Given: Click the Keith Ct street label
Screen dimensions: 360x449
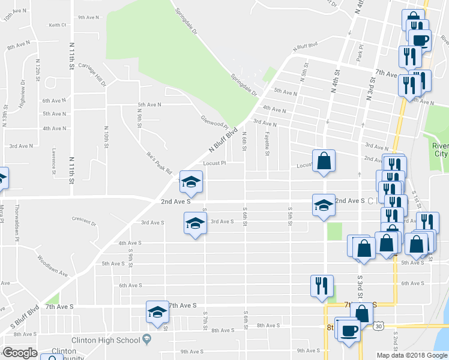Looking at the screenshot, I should click(x=57, y=25).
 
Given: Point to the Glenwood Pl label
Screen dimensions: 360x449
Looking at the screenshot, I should click(x=214, y=122).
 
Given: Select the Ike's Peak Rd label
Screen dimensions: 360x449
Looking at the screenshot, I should click(x=159, y=161).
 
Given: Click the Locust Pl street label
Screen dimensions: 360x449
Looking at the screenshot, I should click(x=214, y=163).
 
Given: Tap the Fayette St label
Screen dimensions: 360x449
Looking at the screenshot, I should click(x=267, y=142).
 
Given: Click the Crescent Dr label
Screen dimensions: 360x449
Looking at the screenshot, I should click(x=83, y=220).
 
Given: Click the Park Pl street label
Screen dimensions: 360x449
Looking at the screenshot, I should click(x=360, y=55).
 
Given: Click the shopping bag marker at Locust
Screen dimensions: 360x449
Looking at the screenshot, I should click(x=324, y=160).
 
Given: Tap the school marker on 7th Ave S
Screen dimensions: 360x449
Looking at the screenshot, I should click(x=157, y=312).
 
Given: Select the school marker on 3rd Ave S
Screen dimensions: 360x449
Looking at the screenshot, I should click(x=194, y=224).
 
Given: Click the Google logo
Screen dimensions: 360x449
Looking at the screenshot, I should click(x=20, y=353).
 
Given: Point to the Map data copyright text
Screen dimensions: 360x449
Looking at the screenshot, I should click(x=412, y=355).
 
